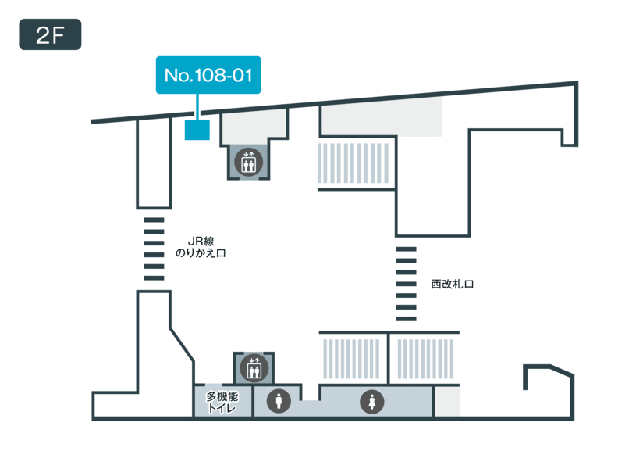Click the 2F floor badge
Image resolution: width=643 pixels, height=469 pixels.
(50, 34)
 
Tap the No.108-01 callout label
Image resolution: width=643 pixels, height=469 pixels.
(208, 75)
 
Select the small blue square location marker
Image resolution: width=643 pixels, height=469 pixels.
(197, 130)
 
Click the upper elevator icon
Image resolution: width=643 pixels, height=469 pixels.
(248, 163)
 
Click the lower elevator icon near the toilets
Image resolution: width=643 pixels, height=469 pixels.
(254, 368)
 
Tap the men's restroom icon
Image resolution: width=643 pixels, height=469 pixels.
(279, 401)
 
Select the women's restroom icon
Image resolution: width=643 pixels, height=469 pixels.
(372, 401)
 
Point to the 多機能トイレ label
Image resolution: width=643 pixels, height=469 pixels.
(222, 402)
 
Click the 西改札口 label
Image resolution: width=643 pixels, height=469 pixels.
(453, 285)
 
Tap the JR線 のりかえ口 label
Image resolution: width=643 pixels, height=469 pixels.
(201, 247)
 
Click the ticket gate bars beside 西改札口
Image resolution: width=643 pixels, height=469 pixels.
(406, 284)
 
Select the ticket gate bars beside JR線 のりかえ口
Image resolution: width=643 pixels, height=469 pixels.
(154, 249)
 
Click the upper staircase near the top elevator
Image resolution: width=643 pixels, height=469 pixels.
(353, 163)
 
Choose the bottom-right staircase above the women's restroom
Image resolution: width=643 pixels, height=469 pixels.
(425, 359)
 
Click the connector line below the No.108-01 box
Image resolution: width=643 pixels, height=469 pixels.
(197, 107)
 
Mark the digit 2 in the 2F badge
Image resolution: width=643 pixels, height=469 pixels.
(43, 35)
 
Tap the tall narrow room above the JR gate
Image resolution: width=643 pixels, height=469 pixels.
(154, 163)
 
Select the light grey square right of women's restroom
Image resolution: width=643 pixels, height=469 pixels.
(446, 401)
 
